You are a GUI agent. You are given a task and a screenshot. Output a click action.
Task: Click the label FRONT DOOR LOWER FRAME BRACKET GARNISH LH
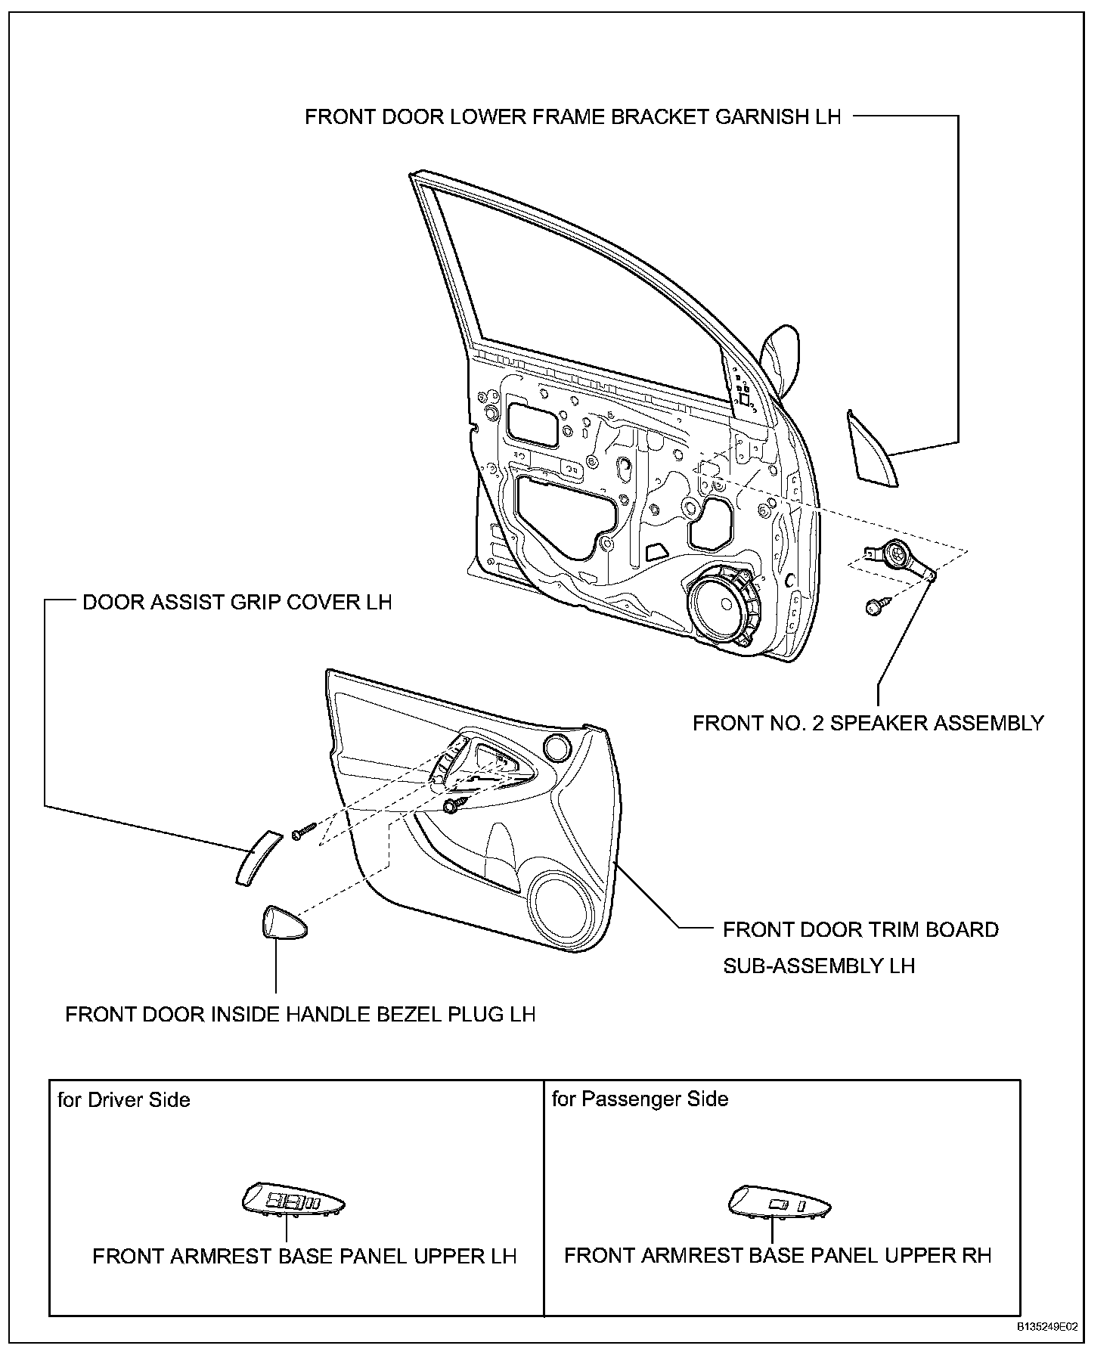tap(572, 117)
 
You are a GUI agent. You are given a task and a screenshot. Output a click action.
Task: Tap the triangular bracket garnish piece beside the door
tap(873, 449)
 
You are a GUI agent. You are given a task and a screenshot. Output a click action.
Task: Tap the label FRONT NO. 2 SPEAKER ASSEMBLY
tap(868, 723)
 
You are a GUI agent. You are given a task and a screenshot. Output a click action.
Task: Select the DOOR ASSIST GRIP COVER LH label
tap(237, 603)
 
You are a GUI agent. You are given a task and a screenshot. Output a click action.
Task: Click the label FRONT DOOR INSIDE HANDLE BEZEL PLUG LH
tap(300, 1014)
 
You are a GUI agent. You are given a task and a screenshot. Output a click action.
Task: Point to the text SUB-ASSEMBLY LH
tap(819, 966)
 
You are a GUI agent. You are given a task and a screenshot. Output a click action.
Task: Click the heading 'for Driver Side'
tap(124, 1099)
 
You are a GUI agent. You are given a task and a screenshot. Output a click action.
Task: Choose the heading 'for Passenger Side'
tap(640, 1099)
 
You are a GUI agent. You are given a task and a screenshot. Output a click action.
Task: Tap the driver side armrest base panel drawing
tap(293, 1201)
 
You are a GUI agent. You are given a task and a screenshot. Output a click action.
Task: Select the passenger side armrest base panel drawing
tap(778, 1203)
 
